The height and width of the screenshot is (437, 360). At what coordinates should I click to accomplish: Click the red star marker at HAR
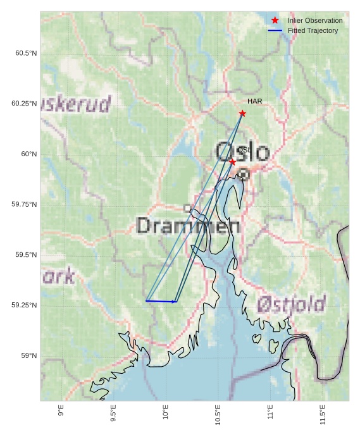[242, 113]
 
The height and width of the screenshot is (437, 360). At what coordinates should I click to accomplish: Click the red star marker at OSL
[232, 162]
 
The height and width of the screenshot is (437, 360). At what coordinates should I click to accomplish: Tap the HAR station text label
[254, 101]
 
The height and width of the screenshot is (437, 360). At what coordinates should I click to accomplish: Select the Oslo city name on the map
[242, 152]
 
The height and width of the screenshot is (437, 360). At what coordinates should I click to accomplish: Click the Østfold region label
[291, 305]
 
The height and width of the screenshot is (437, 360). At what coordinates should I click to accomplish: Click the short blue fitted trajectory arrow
[161, 301]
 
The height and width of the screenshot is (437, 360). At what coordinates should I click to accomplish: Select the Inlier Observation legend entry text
[314, 20]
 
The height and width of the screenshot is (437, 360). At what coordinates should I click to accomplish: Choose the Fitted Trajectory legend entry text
[313, 30]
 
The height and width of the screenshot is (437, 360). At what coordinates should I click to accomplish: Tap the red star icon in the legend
[275, 20]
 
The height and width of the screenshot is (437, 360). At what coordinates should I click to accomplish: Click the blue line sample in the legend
[275, 30]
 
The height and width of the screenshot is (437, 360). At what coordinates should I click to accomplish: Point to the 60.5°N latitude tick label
[26, 53]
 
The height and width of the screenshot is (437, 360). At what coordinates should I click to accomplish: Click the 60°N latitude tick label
[29, 154]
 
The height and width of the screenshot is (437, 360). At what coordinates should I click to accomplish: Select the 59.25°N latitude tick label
[24, 305]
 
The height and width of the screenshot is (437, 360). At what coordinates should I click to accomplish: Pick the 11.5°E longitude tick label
[323, 415]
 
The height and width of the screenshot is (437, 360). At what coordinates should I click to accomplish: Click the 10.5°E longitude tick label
[218, 415]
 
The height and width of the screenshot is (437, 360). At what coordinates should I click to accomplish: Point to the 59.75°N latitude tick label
[24, 204]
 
